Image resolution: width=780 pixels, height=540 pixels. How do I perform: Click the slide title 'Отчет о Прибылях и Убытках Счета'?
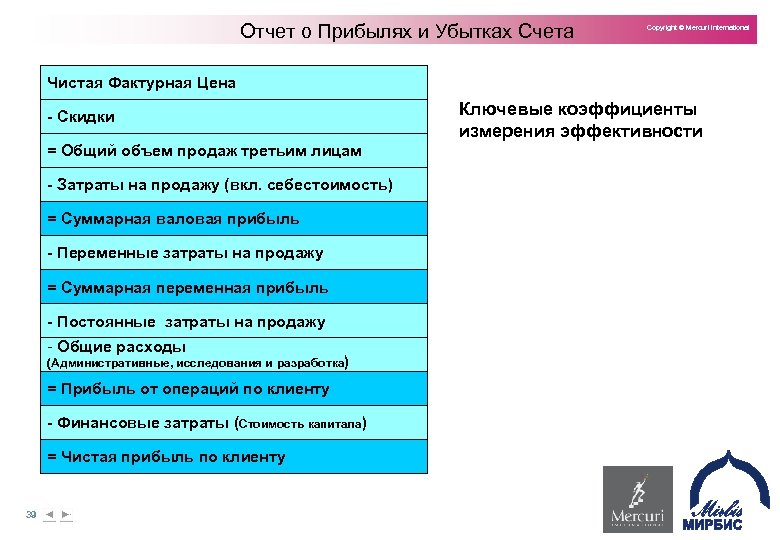coord(407,31)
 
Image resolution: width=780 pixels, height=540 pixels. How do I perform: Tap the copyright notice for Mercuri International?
coord(698,28)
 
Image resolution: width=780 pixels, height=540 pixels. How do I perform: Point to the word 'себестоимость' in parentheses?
coord(337,185)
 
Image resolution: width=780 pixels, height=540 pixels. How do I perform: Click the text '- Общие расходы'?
coord(117,347)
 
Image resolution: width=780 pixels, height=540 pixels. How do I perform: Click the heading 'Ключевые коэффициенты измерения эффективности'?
coord(580,120)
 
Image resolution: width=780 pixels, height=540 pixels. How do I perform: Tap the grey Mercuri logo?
coord(636,500)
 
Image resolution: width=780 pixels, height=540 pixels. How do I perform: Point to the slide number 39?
coord(31,514)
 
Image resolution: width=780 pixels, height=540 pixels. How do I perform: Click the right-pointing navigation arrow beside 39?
coord(66,514)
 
